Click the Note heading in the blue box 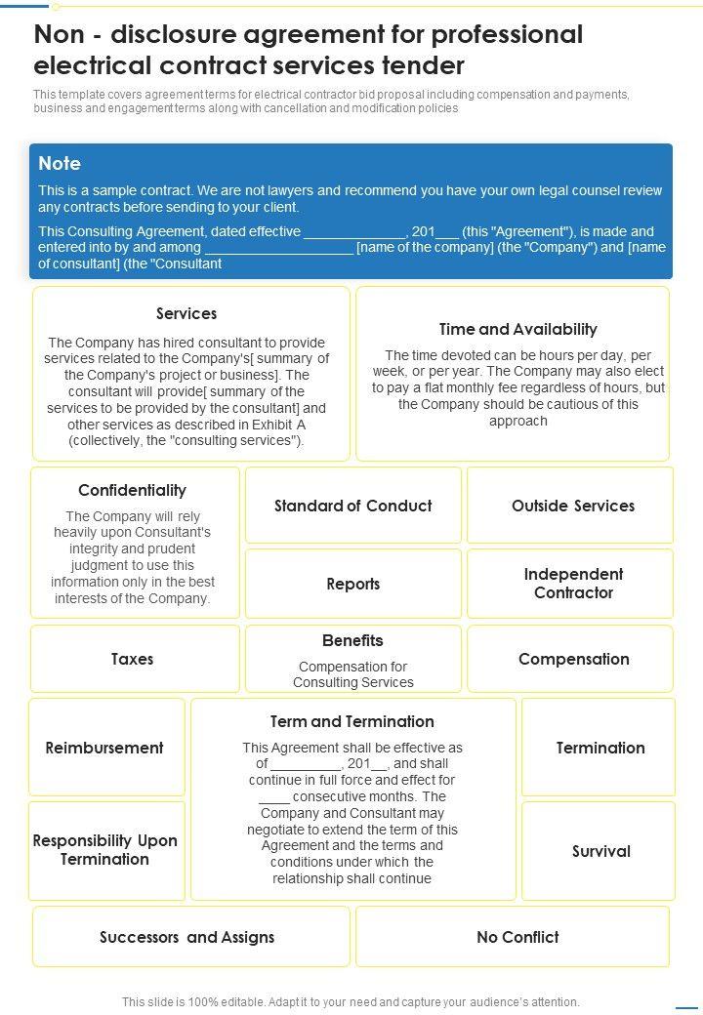[x=60, y=163]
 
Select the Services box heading [x=186, y=313]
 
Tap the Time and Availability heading [x=517, y=329]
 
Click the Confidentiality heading [x=132, y=490]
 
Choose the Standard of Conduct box [x=352, y=506]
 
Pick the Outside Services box [x=572, y=506]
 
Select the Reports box [x=352, y=584]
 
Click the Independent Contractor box [x=573, y=584]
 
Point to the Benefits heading [x=352, y=640]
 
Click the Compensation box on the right [x=573, y=659]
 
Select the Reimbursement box [x=104, y=748]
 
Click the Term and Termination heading [x=352, y=721]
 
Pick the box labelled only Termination [x=600, y=748]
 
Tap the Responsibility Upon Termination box [x=104, y=850]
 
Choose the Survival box [x=600, y=851]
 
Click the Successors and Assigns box [x=187, y=937]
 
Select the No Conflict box [x=517, y=937]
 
